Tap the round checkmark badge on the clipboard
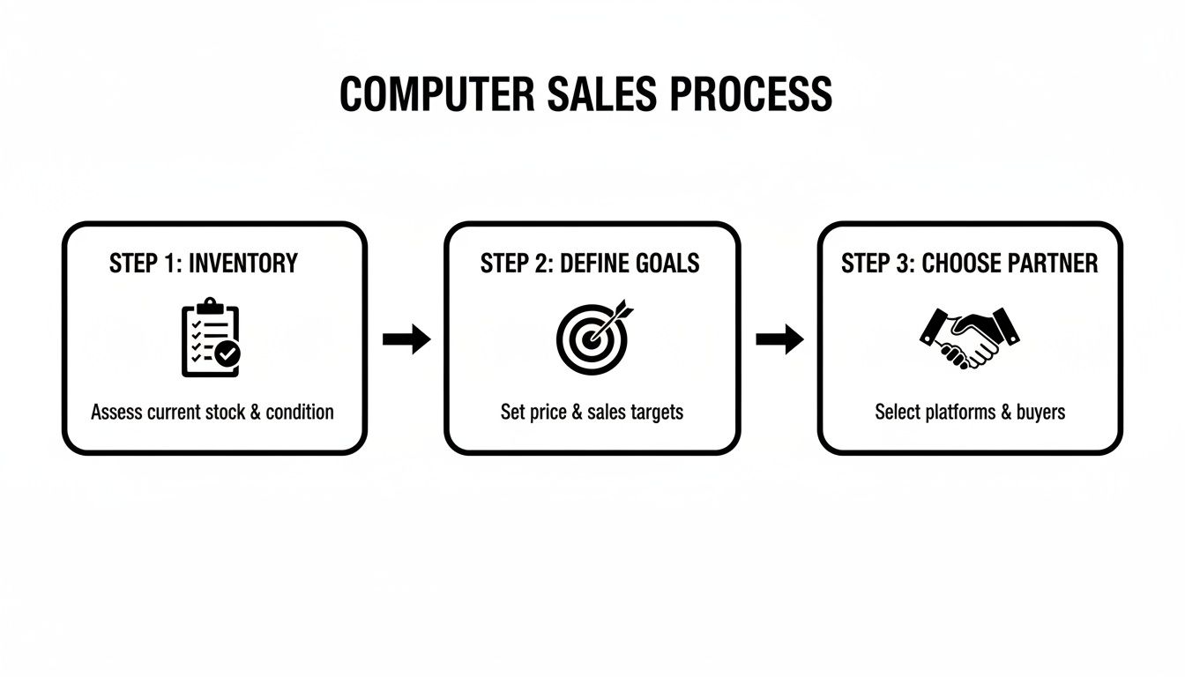point(228,354)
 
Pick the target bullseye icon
point(591,337)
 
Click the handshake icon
point(969,338)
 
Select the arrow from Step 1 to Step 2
point(406,338)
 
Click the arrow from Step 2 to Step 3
point(780,338)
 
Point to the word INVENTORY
point(243,263)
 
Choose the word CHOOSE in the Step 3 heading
point(951,263)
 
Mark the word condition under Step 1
point(299,412)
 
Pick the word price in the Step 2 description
point(548,412)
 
